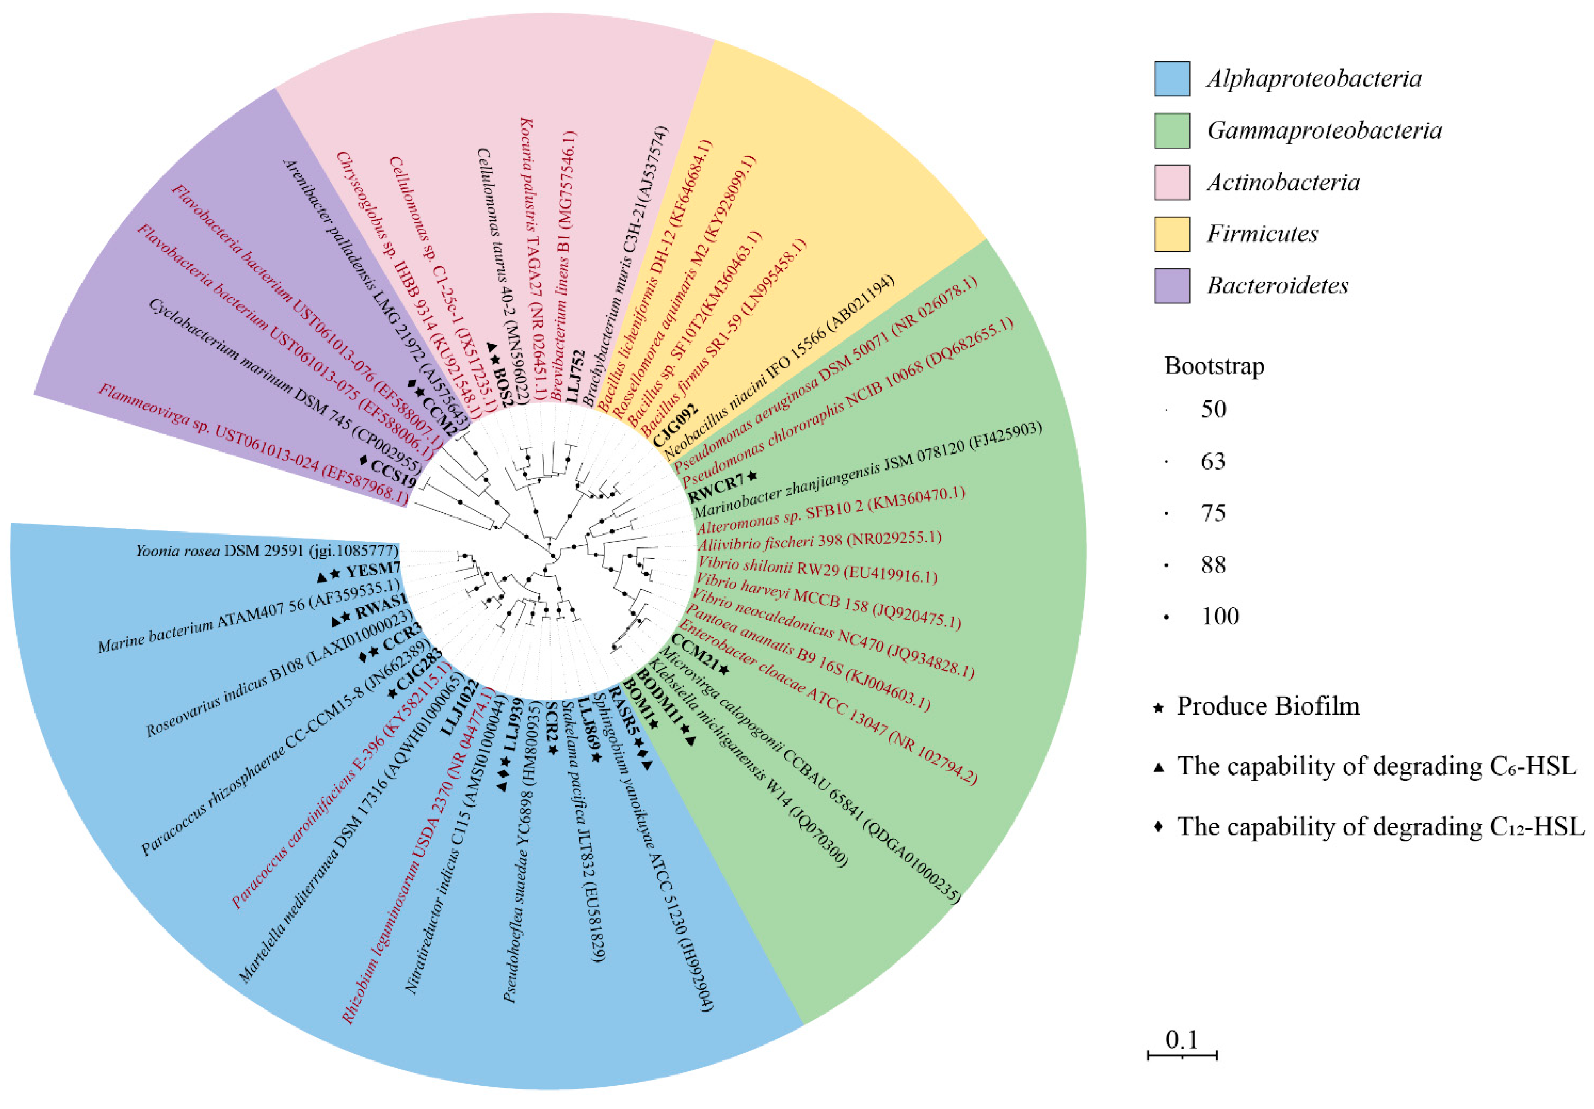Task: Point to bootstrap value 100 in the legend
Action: tap(1220, 616)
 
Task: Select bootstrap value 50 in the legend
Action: tap(1214, 409)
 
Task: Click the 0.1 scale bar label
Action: tap(1182, 1040)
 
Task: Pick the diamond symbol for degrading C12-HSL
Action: tap(1158, 828)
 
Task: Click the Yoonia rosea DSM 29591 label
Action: tap(267, 551)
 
